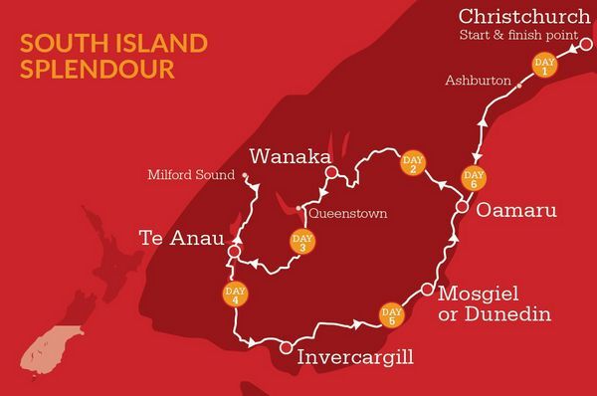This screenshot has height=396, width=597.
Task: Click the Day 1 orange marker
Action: [544, 66]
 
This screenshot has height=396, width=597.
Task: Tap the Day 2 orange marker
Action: [413, 164]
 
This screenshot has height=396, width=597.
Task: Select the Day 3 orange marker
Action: [300, 242]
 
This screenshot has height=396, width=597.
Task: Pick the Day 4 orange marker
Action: [236, 296]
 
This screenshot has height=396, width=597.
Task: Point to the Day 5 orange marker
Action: [390, 314]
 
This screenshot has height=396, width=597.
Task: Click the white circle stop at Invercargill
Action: [286, 347]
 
